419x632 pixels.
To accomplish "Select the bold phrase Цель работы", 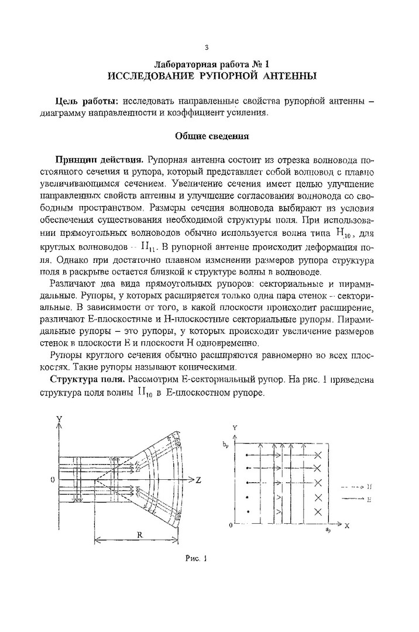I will (x=80, y=102).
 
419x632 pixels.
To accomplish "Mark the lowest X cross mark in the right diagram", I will (x=318, y=512).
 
